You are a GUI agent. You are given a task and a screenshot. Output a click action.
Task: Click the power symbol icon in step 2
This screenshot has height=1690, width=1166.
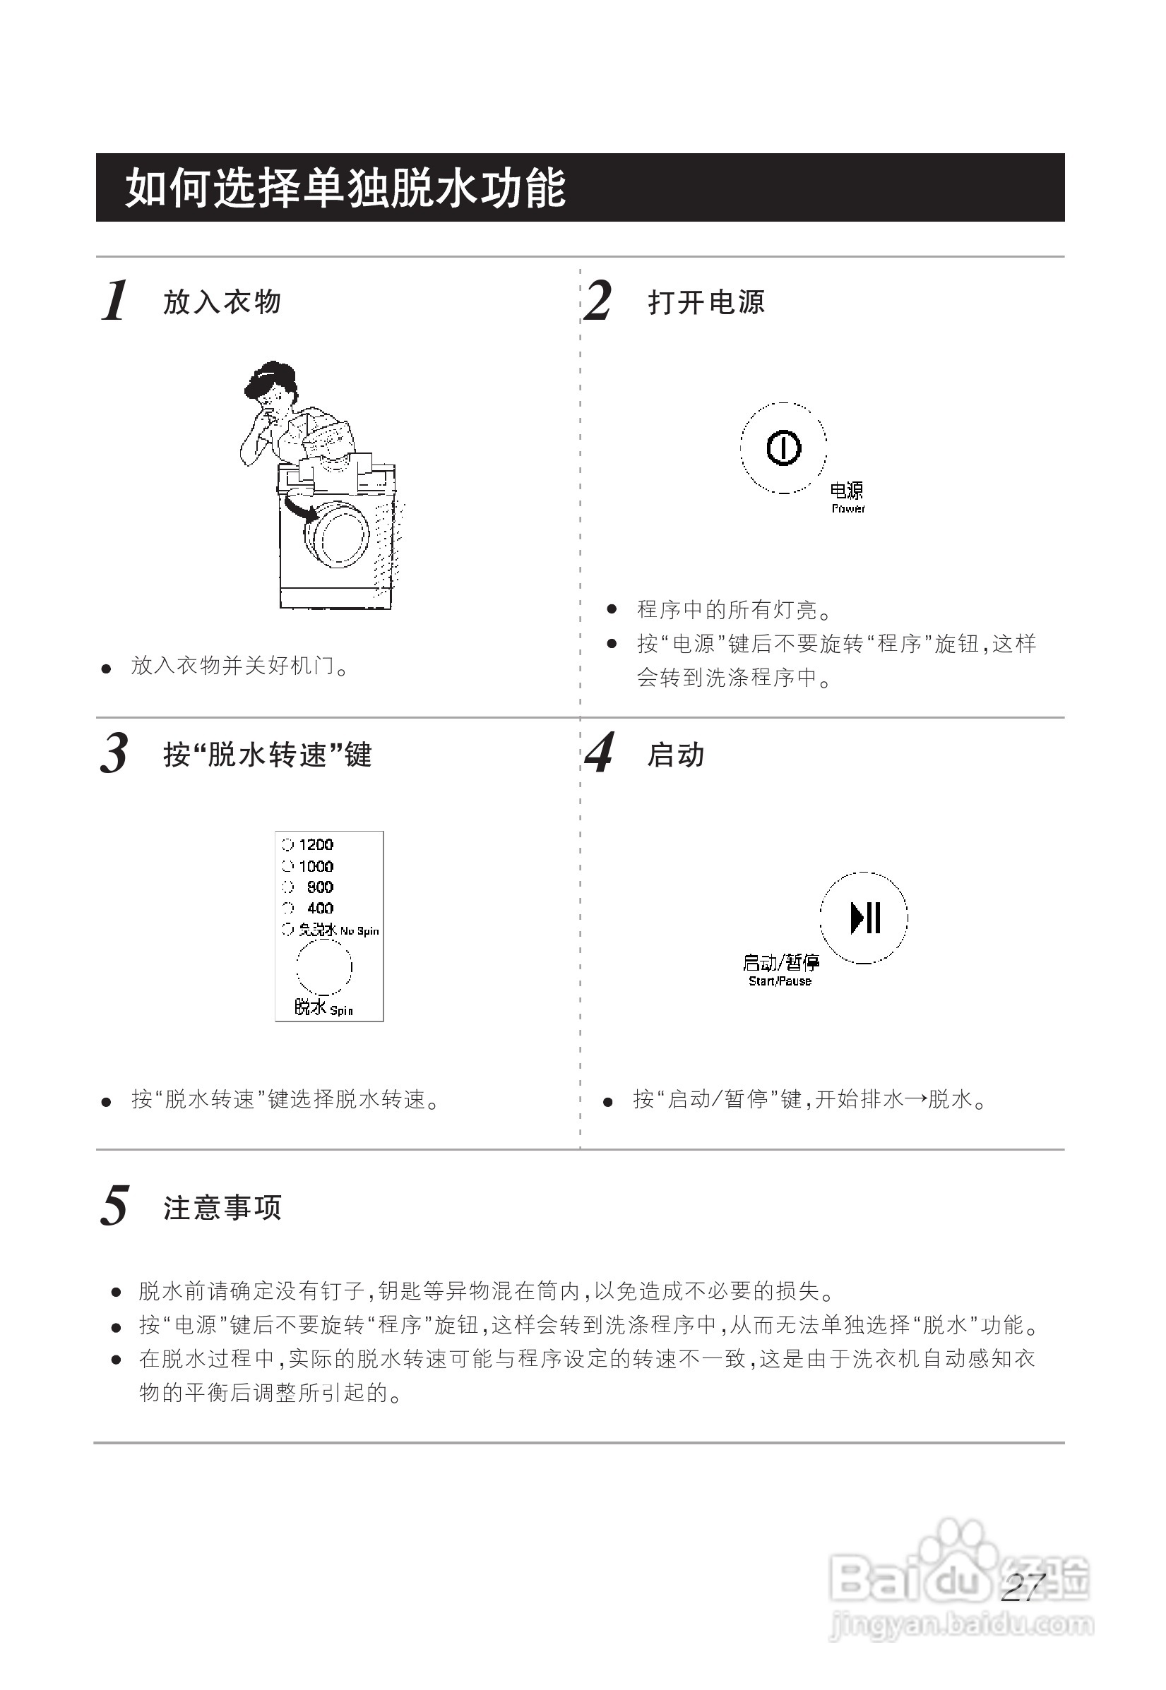(x=783, y=448)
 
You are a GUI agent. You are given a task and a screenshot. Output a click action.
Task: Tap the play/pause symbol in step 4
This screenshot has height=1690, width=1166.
(x=866, y=918)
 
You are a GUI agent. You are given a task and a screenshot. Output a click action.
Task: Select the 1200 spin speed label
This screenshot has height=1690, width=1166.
(x=316, y=845)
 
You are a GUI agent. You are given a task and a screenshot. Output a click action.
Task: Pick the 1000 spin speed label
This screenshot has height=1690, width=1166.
(x=316, y=866)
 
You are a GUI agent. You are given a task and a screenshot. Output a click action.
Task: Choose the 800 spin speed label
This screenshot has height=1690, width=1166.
(x=320, y=887)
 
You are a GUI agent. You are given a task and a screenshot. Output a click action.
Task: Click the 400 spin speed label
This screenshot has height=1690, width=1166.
(x=320, y=909)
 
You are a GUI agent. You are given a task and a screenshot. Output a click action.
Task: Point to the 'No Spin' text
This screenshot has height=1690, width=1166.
(x=359, y=931)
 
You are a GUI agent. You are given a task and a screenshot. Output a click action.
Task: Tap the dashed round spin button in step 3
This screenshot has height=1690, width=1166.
(x=323, y=967)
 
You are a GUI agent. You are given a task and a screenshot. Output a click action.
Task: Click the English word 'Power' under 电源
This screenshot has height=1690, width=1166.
(x=848, y=509)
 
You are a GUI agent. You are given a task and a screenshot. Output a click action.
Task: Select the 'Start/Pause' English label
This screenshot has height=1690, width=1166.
(x=780, y=981)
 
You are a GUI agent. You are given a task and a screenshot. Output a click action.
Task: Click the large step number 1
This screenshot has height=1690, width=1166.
(x=114, y=300)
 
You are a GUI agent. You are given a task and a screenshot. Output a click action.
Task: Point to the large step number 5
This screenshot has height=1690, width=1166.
(x=114, y=1206)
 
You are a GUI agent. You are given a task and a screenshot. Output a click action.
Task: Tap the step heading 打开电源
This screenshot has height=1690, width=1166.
(x=706, y=302)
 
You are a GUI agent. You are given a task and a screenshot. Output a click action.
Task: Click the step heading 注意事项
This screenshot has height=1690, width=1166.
(x=222, y=1208)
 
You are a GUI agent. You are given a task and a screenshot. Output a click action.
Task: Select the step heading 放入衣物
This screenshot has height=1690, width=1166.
(x=222, y=302)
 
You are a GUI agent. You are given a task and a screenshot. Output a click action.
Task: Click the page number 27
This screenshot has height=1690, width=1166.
(x=1023, y=1587)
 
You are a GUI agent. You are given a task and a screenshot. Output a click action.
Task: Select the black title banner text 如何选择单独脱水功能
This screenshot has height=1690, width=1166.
(x=345, y=188)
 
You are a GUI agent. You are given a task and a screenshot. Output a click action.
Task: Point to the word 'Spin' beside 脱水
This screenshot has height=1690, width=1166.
(x=341, y=1011)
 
